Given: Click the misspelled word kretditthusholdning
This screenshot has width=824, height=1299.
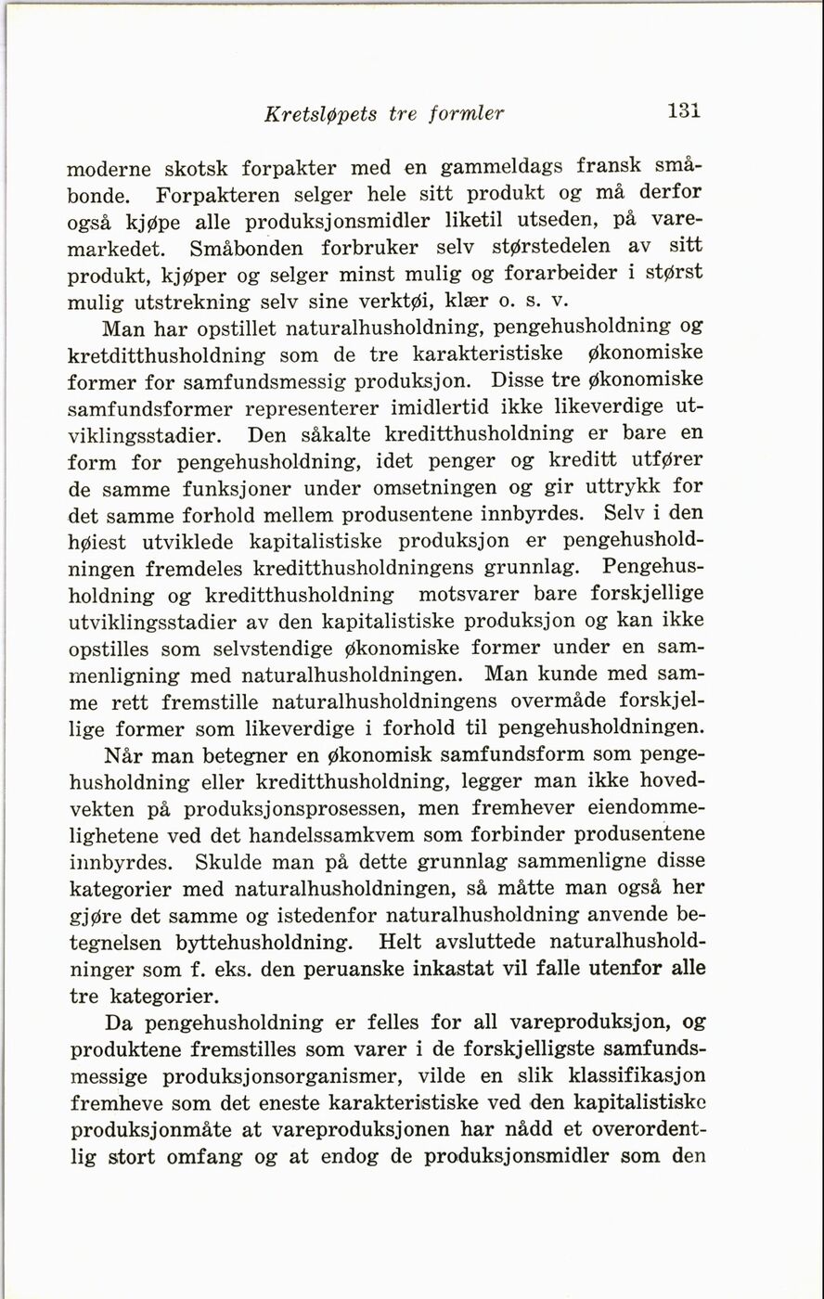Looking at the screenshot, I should [x=167, y=355].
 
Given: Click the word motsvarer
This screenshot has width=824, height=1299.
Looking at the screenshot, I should [x=475, y=594].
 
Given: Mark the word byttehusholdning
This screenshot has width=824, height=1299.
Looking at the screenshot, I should [x=263, y=943].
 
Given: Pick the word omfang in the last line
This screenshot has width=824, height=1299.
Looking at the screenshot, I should [x=205, y=1157].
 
